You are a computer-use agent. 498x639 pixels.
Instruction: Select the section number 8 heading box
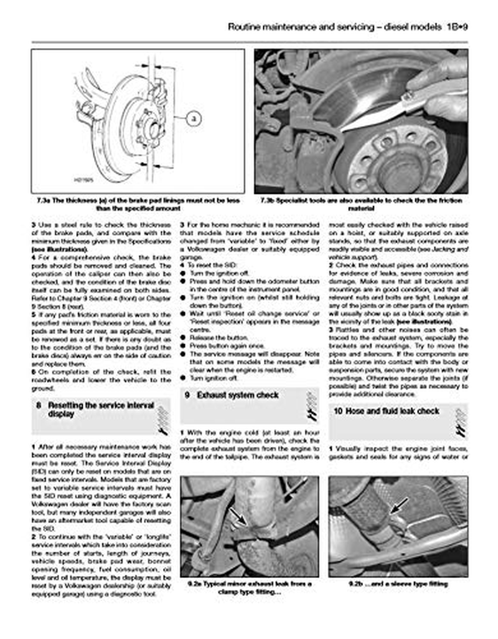[38, 405]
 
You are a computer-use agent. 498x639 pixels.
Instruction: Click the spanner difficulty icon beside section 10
[461, 421]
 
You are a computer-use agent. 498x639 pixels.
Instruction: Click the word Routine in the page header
[247, 27]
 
